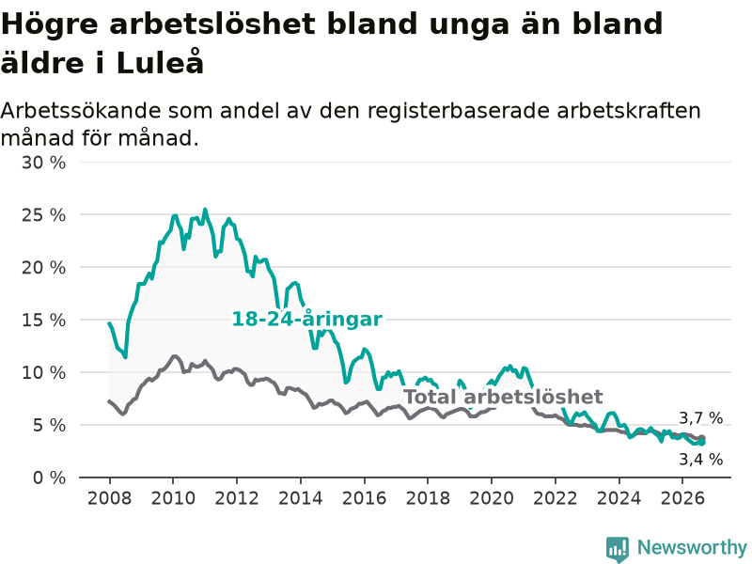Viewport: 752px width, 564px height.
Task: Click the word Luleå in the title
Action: tap(160, 62)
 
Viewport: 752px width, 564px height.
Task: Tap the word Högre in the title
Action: tap(50, 25)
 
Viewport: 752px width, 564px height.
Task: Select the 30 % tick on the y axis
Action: tap(43, 163)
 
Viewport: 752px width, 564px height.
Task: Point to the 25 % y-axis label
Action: tap(43, 215)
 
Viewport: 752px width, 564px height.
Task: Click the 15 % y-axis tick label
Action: tap(43, 321)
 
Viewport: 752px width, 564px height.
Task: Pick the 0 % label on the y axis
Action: tap(49, 478)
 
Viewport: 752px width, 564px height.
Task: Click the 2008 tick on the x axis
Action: tap(109, 498)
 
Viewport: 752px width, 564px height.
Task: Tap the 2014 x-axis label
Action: tap(300, 498)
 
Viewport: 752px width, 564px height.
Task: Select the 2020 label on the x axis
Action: tap(491, 498)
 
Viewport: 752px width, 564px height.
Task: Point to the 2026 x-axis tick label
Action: tap(682, 498)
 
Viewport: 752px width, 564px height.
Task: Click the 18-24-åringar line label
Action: tap(307, 319)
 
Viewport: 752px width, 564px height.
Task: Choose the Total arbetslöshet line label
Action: tap(503, 397)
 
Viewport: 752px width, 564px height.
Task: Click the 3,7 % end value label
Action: tap(700, 418)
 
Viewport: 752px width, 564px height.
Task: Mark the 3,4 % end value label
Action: tap(700, 460)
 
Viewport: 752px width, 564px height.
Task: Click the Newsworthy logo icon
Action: tap(618, 549)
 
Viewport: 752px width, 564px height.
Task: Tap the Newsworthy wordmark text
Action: tap(692, 547)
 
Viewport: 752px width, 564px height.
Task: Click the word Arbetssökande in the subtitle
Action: tap(81, 111)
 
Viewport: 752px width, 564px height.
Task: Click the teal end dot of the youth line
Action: tap(701, 442)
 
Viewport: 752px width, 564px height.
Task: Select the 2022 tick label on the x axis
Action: tap(555, 498)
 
